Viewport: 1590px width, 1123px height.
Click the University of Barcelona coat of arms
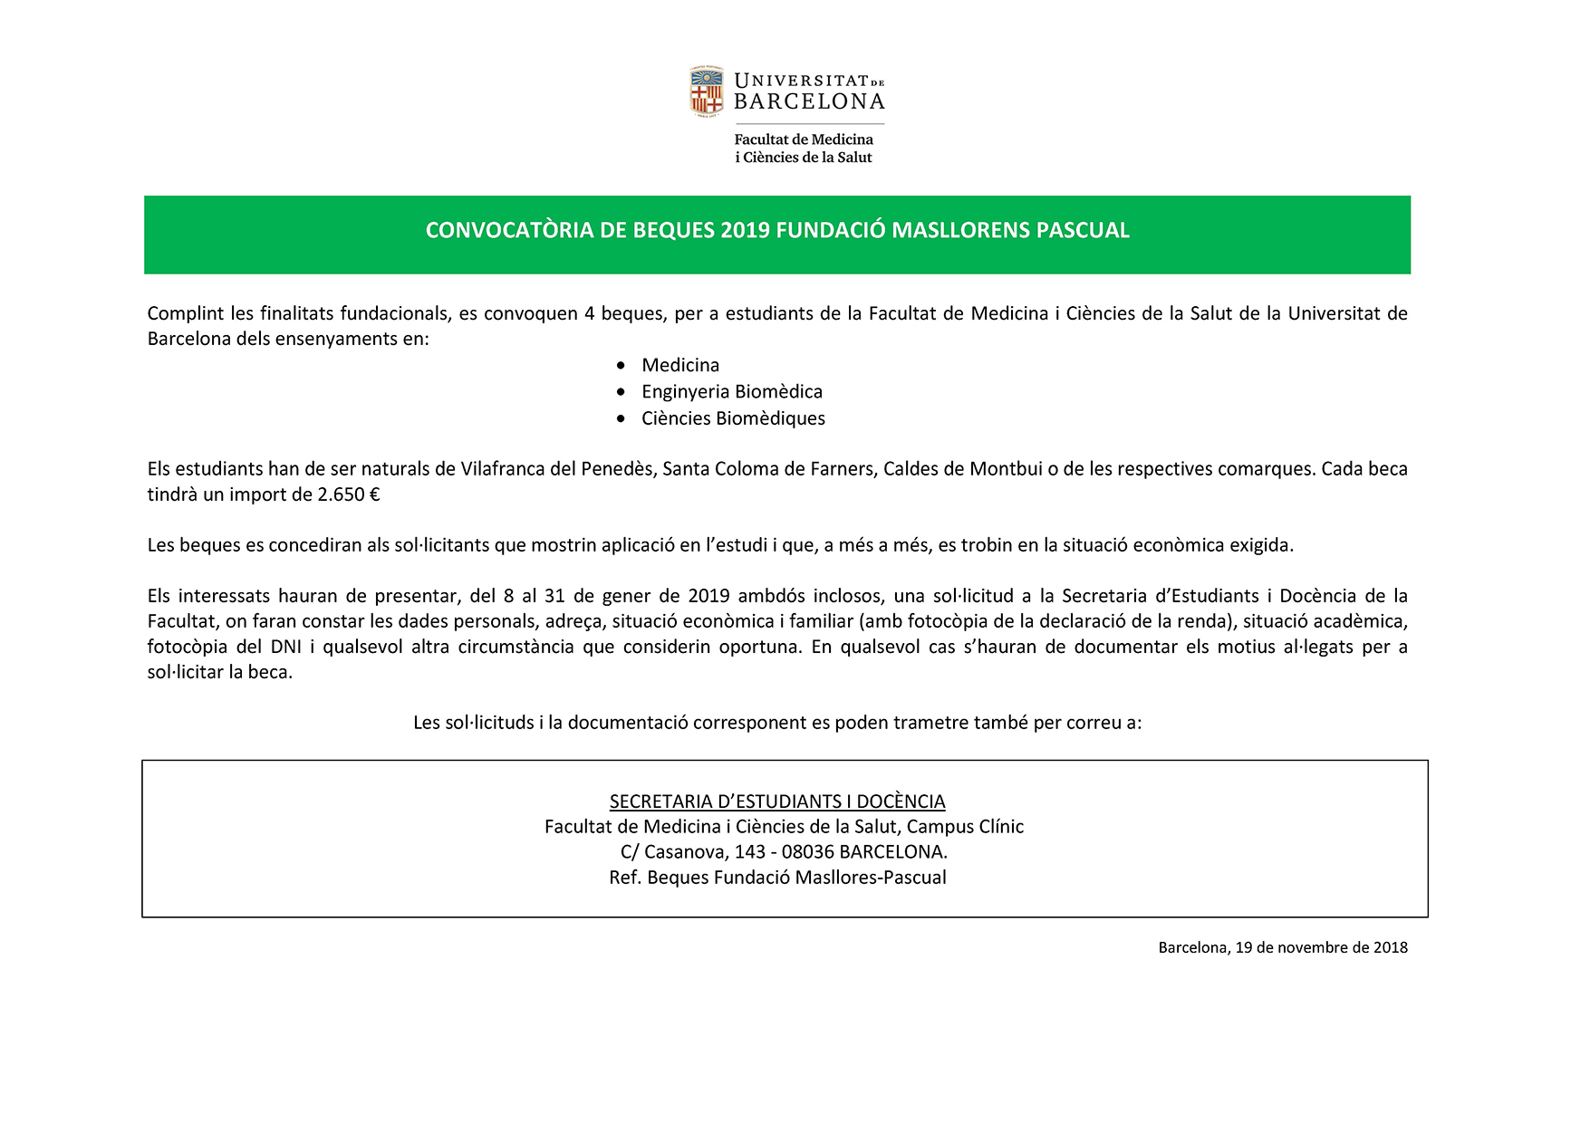pos(707,91)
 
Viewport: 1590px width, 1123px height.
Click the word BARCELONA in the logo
pos(809,102)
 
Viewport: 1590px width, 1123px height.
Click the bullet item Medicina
pos(680,365)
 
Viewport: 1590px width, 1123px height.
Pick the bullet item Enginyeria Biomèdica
pos(732,391)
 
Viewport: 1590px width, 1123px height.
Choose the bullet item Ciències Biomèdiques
pos(733,418)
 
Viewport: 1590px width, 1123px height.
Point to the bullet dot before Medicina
pos(621,365)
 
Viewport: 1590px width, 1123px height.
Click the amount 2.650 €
pos(348,494)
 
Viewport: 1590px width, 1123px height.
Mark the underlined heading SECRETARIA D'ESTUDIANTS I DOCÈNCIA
pos(777,801)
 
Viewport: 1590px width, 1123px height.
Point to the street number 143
pos(750,852)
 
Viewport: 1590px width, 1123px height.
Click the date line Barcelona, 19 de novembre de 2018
pos(1283,947)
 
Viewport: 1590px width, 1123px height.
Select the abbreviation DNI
pos(286,647)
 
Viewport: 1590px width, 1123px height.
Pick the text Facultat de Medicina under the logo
pos(804,139)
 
